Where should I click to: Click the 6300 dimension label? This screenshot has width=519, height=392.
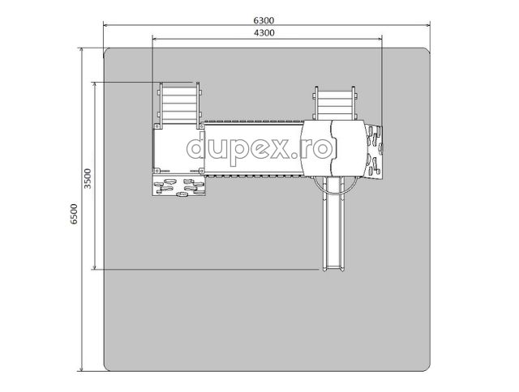click(264, 20)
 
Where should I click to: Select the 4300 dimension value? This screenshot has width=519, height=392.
click(264, 33)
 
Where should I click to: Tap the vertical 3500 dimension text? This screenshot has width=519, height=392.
click(88, 178)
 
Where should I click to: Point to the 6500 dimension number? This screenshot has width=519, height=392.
click(74, 214)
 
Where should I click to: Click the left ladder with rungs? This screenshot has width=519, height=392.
click(179, 104)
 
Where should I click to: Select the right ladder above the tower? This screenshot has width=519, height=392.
click(335, 103)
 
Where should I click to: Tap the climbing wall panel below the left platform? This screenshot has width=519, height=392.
click(178, 185)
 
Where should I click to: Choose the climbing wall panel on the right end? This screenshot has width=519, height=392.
click(374, 151)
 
